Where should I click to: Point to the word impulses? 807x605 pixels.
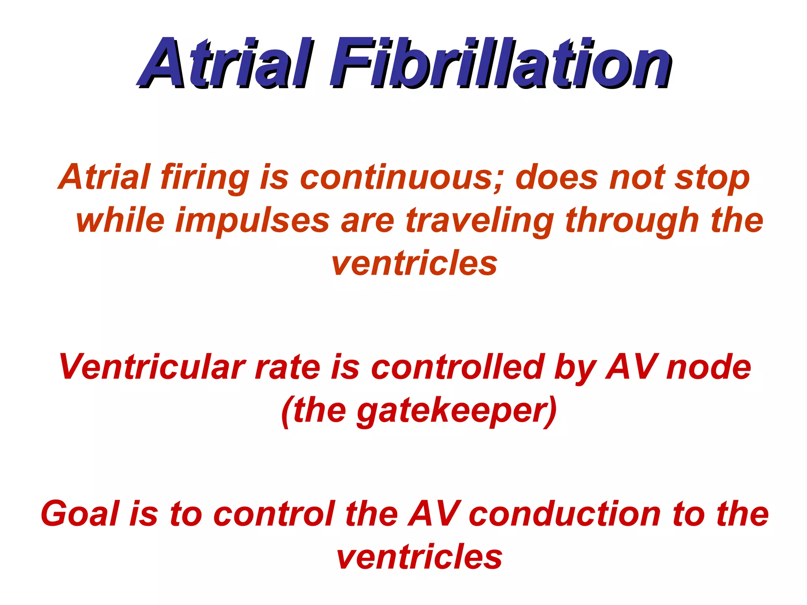click(253, 221)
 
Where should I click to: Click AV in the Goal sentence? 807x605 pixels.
click(433, 514)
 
